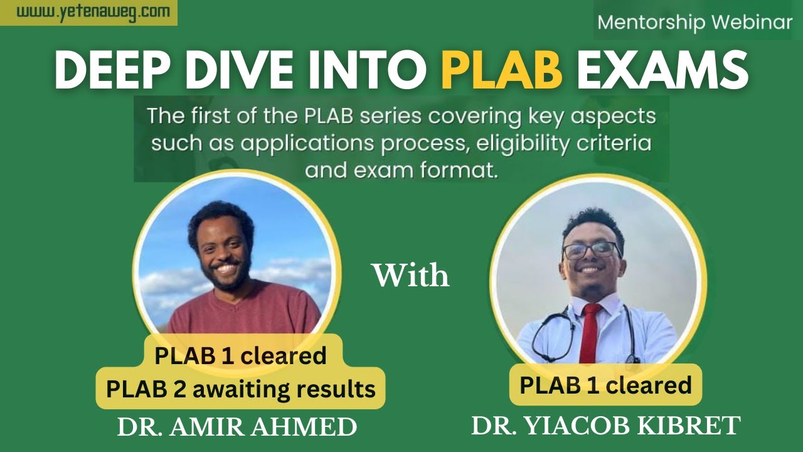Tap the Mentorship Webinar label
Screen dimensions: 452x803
(695, 23)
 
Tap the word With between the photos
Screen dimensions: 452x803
(411, 276)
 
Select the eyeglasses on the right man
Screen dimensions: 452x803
(590, 250)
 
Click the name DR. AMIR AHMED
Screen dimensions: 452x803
(237, 428)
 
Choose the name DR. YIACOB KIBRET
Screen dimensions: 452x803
(606, 426)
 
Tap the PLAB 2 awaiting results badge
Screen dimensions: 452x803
(241, 389)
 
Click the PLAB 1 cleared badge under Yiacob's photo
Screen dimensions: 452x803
(605, 384)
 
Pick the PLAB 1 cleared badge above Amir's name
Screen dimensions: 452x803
(241, 355)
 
